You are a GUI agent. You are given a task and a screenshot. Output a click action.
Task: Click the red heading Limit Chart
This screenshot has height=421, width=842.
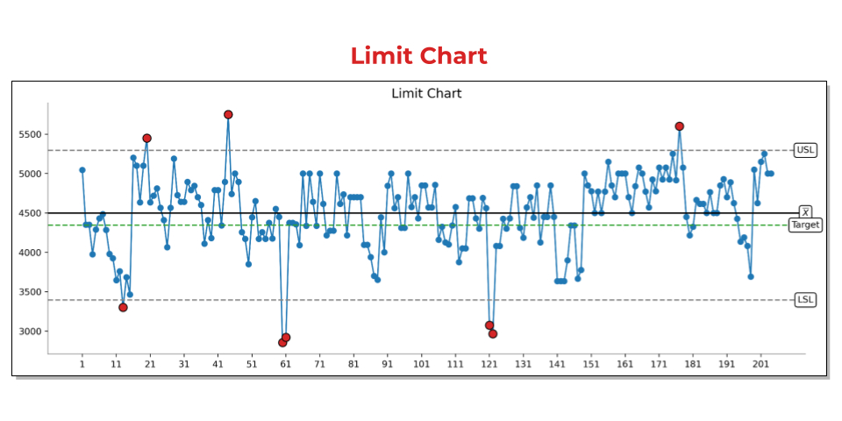[x=418, y=56]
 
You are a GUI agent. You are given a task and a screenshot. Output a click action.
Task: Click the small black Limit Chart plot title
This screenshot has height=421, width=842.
[x=426, y=93]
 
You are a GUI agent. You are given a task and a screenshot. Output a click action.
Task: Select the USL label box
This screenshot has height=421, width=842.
[x=804, y=150]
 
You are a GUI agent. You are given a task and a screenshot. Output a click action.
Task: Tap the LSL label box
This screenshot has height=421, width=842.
[x=804, y=300]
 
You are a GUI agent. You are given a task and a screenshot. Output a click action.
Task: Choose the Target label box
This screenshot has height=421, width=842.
[x=805, y=225]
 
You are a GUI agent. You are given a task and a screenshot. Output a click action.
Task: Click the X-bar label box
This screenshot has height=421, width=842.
[x=805, y=212]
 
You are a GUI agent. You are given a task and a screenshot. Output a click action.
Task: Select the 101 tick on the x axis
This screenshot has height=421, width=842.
[x=421, y=363]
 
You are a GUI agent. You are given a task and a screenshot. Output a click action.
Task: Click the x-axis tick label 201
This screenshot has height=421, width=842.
[x=760, y=363]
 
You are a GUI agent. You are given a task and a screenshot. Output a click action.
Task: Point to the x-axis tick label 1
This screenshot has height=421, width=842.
[x=82, y=363]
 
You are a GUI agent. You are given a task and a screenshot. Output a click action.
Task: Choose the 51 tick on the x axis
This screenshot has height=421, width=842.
[x=252, y=363]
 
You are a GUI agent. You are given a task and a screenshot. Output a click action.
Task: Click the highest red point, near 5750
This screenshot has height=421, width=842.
[x=228, y=115]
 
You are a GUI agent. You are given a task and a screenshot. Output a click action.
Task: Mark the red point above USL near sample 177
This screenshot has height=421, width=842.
[x=679, y=126]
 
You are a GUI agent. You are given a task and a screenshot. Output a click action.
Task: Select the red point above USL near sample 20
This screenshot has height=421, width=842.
[x=146, y=139]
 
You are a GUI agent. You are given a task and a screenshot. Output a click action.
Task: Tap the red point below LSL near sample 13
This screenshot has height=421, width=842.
[x=123, y=307]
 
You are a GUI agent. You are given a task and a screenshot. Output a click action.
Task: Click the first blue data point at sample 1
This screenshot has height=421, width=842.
[x=82, y=170]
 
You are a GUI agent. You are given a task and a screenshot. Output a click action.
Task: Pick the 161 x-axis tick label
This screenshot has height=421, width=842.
[x=624, y=363]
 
